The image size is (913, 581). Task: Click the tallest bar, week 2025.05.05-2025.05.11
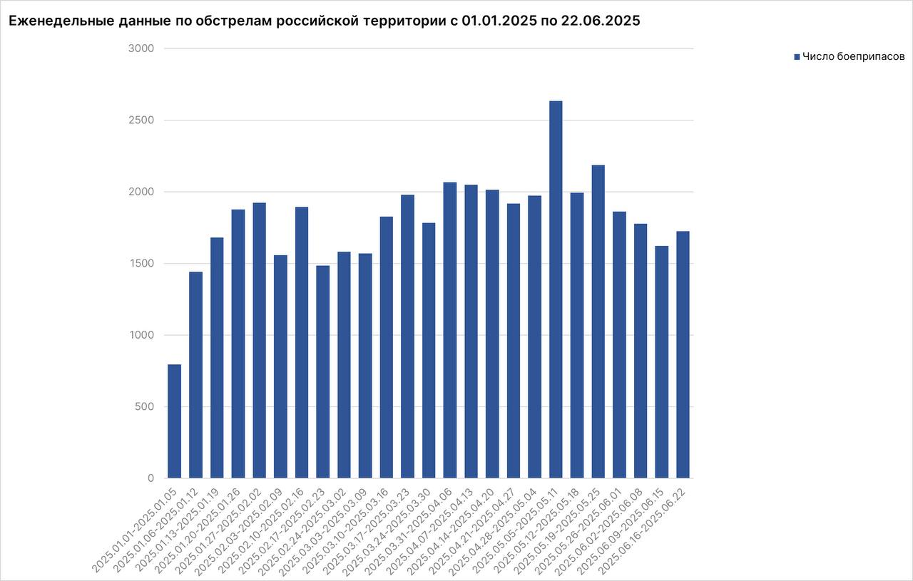[556, 289]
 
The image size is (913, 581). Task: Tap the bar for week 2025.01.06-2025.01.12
[195, 374]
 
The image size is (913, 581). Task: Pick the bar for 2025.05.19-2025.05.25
[598, 321]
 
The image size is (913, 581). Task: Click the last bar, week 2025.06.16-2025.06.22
[683, 354]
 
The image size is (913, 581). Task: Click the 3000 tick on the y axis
[141, 48]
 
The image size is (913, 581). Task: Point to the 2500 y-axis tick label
[141, 120]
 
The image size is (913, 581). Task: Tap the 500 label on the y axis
[145, 407]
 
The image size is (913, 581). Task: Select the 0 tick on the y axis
[151, 478]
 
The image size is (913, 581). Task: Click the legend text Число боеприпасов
[853, 56]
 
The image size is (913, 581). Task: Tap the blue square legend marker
[797, 56]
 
